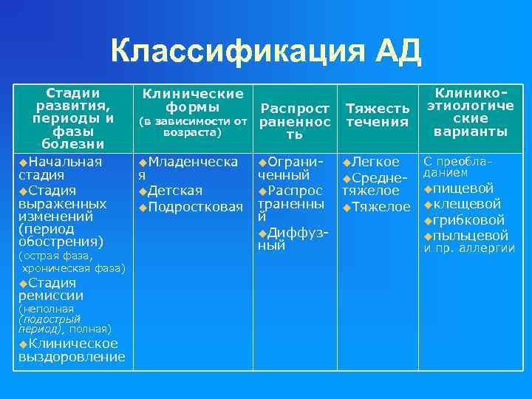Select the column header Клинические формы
click(193, 100)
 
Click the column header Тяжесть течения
click(378, 115)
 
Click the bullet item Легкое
click(375, 162)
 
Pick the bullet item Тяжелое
click(379, 206)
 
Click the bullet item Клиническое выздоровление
click(71, 350)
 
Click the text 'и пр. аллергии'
click(468, 248)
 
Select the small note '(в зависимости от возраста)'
click(193, 126)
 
